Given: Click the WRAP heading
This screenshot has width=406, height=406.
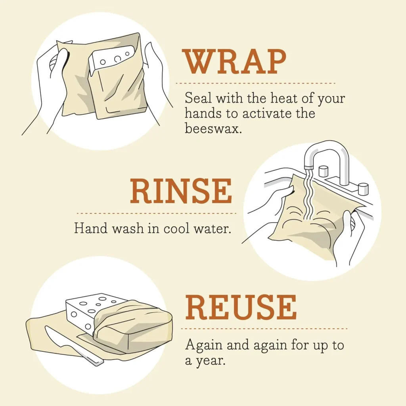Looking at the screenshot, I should tap(234, 63).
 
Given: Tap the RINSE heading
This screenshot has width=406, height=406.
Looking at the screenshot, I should tap(181, 192).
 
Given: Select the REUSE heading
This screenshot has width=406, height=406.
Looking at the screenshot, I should tap(241, 308).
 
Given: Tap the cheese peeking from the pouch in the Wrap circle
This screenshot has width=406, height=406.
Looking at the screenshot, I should tap(111, 58).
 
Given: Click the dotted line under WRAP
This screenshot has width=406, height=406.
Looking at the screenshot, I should tap(256, 83).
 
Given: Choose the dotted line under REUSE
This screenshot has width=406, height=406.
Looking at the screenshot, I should tap(264, 329).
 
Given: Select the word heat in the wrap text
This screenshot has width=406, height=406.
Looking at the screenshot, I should tap(278, 98).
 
